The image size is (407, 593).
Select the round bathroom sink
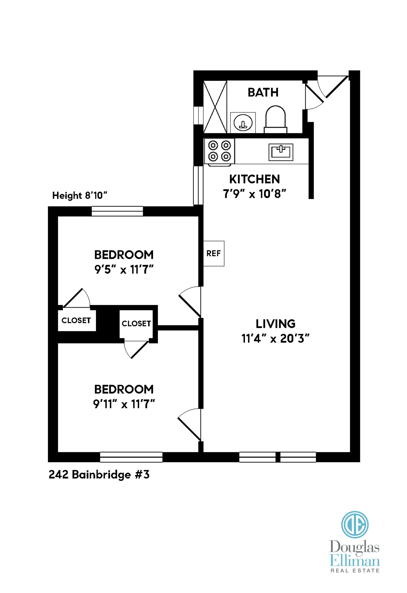(243, 123)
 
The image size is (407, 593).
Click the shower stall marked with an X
(215, 107)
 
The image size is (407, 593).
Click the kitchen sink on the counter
(281, 152)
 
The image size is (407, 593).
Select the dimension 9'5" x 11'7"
(124, 269)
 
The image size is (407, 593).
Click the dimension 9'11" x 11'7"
(124, 404)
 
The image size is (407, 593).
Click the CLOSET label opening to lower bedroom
(136, 324)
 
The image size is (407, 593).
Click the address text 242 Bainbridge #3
(99, 475)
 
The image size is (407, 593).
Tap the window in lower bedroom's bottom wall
(131, 457)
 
